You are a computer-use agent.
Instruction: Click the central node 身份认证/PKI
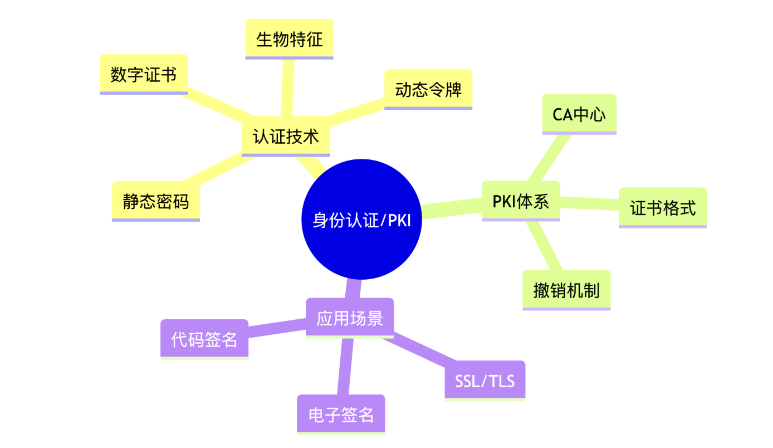point(361,219)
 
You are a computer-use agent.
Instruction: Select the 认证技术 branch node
point(286,137)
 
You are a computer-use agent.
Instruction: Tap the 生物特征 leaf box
point(289,39)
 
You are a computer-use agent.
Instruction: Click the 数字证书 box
point(144,74)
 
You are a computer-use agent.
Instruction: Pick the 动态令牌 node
point(428,89)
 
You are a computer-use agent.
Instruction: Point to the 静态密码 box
point(156,201)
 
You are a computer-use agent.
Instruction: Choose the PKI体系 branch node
point(521,201)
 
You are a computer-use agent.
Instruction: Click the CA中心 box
point(579,114)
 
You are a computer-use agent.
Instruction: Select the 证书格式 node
point(663,208)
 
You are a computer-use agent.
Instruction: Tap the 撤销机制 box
point(566,290)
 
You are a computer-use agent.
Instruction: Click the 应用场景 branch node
point(350,318)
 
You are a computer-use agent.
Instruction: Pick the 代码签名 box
point(204,339)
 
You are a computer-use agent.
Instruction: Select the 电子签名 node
point(341,415)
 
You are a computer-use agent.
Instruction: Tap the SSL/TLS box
point(485,381)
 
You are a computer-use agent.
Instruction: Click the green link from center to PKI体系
point(451,208)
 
